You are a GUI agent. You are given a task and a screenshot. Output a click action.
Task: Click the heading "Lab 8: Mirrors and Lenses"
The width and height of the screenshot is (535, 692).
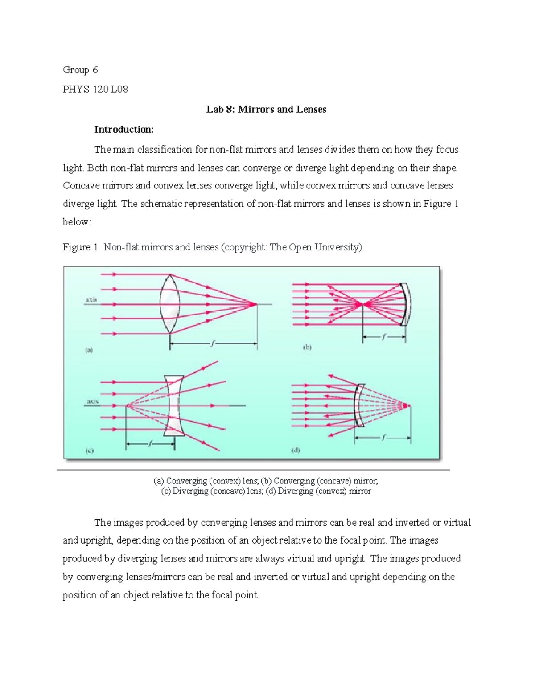[266, 110]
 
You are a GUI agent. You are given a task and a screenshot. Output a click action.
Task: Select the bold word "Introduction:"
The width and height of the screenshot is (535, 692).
[123, 130]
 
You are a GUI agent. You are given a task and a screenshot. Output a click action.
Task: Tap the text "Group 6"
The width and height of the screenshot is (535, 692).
[80, 70]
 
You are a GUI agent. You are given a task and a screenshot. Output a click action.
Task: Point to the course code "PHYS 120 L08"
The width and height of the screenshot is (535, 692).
[95, 89]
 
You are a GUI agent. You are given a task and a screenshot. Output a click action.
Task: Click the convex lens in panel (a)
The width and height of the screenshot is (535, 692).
[170, 304]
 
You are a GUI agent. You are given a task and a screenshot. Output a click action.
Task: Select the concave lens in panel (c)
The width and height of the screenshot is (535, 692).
[174, 405]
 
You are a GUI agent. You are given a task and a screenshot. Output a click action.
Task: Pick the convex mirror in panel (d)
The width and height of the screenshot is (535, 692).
[359, 405]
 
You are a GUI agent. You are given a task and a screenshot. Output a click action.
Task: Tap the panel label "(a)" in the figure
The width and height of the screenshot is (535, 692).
[89, 350]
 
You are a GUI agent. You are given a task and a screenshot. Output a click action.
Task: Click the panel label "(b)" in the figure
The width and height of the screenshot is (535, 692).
[307, 348]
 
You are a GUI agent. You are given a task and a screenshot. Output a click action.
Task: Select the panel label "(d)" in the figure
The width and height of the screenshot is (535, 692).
[296, 450]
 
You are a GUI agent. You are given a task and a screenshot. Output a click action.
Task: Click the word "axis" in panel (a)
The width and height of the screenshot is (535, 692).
[91, 300]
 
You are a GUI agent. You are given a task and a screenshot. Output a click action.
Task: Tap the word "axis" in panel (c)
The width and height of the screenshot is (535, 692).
[92, 401]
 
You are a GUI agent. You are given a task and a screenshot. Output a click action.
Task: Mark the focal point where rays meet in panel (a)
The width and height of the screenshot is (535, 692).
[256, 304]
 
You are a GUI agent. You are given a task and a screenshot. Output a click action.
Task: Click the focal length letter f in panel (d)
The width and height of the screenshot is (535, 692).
[383, 438]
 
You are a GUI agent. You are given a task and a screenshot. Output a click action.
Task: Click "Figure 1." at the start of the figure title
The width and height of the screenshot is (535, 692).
[81, 247]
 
